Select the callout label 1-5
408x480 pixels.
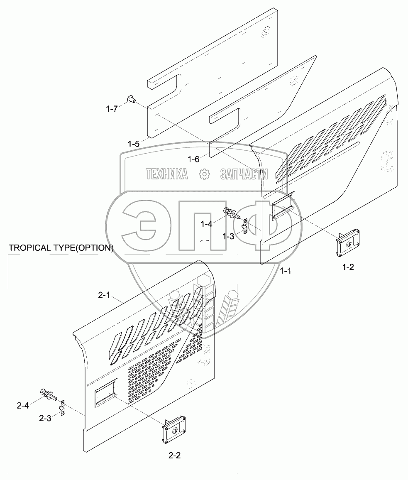click(134, 144)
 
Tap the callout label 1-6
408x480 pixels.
click(193, 159)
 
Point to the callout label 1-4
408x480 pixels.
click(206, 224)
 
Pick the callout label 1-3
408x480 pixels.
click(229, 236)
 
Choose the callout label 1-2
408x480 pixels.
click(348, 267)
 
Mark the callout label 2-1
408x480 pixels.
click(104, 295)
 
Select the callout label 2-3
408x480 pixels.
click(45, 418)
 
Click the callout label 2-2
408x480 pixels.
click(174, 455)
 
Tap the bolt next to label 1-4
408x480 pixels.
click(232, 214)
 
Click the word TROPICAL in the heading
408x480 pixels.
click(29, 248)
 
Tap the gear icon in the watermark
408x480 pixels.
click(204, 174)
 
